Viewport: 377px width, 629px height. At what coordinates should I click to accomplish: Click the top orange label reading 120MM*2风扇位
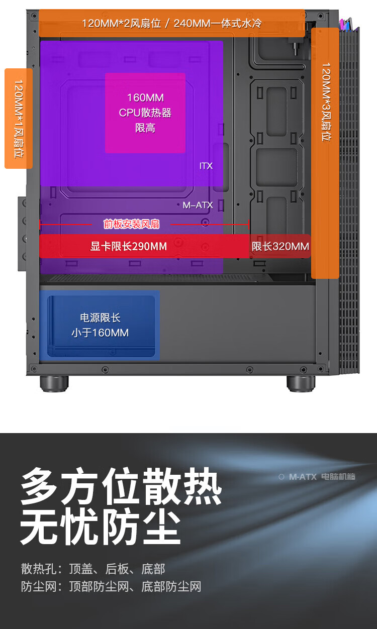coord(171,23)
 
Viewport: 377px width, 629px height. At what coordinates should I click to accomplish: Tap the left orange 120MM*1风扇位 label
coord(19,119)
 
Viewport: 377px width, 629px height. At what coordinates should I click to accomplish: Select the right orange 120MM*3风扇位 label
coord(325,102)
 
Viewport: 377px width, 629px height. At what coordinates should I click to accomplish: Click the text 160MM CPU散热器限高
coord(145,113)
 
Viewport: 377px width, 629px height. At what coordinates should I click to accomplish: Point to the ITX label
coord(206,166)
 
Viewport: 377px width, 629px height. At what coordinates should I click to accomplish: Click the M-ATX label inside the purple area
coord(198,205)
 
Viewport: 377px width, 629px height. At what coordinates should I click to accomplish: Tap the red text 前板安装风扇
coord(131,224)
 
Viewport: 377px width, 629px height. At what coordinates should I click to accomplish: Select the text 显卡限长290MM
coord(129,246)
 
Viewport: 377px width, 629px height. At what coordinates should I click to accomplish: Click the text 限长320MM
coord(280,246)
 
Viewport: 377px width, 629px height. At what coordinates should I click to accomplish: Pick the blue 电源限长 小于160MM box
coord(100,325)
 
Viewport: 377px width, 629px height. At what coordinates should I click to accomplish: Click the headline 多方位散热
coord(121,486)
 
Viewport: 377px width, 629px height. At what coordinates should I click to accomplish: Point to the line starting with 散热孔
coord(93,569)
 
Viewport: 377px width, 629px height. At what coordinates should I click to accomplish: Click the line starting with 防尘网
coord(111,586)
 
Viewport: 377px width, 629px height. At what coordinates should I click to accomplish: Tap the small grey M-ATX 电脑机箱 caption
coord(317,476)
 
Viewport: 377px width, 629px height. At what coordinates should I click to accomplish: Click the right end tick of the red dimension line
coord(248,225)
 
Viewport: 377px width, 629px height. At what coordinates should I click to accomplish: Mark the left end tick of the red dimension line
coord(40,225)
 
